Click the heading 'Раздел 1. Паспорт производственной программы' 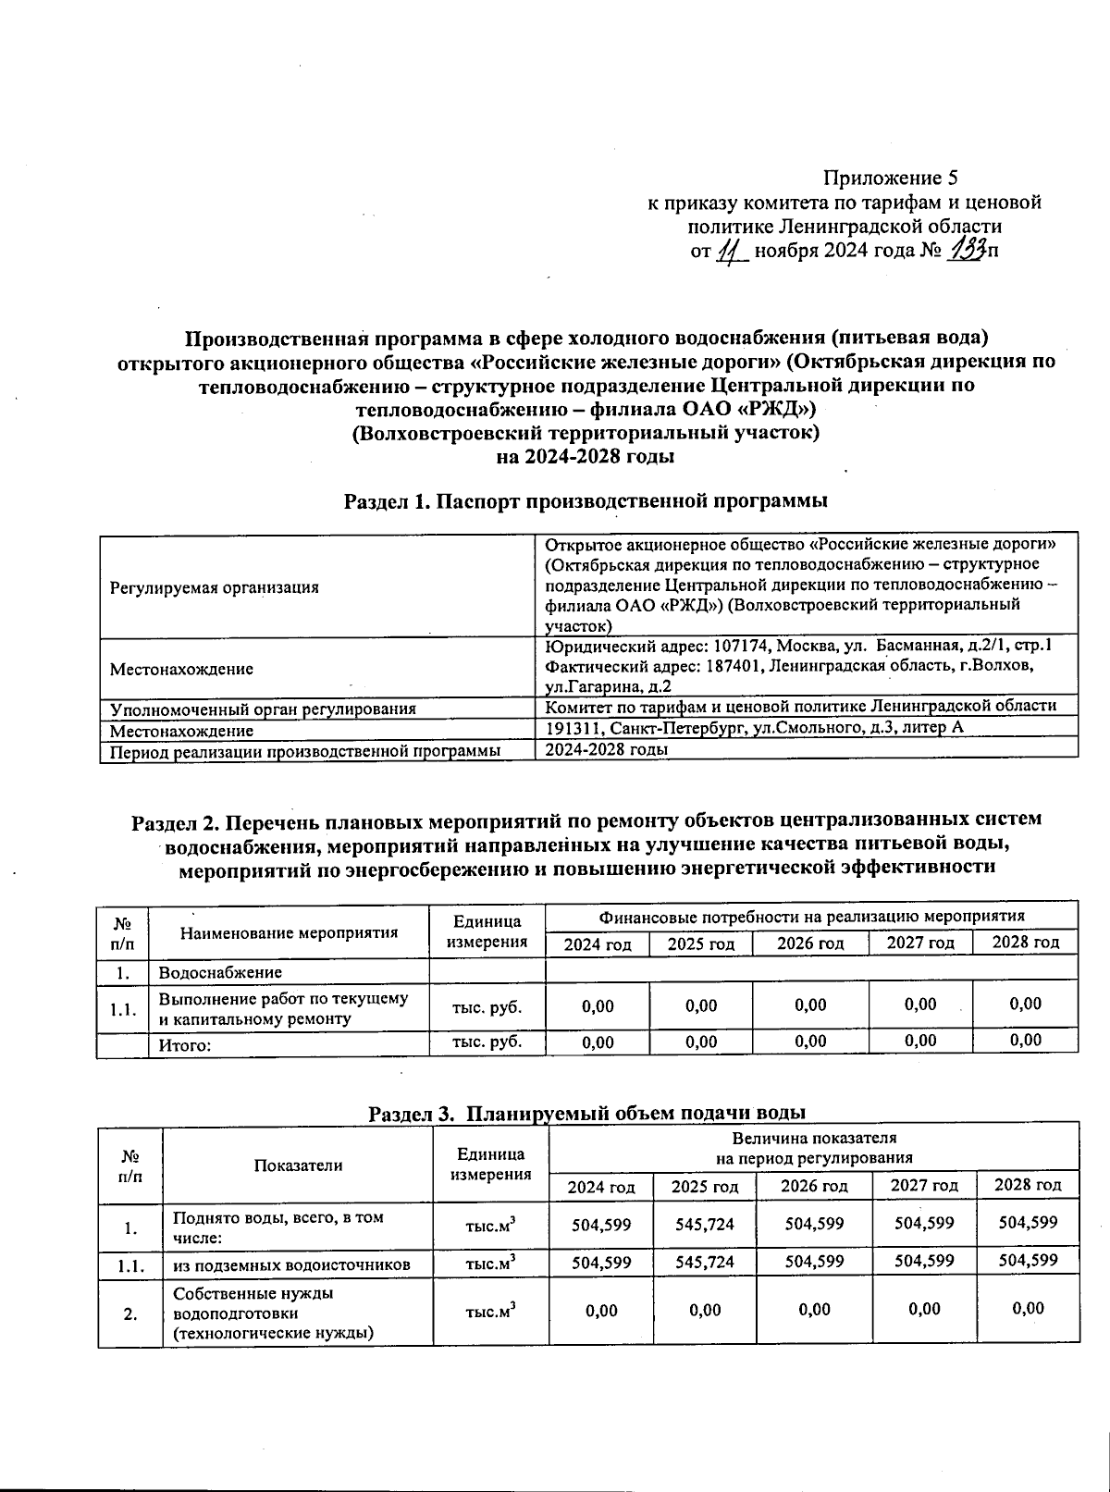pos(585,501)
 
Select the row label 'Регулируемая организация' pos(214,587)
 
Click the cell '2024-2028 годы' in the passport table pos(606,749)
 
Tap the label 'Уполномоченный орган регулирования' pos(263,709)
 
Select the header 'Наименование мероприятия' pos(289,932)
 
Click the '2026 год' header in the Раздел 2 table pos(809,943)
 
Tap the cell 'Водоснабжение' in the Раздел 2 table pos(220,972)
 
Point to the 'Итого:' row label pos(185,1045)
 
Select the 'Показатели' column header pos(298,1165)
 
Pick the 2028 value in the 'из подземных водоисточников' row pos(1027,1261)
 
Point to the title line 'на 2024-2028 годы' pos(585,456)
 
